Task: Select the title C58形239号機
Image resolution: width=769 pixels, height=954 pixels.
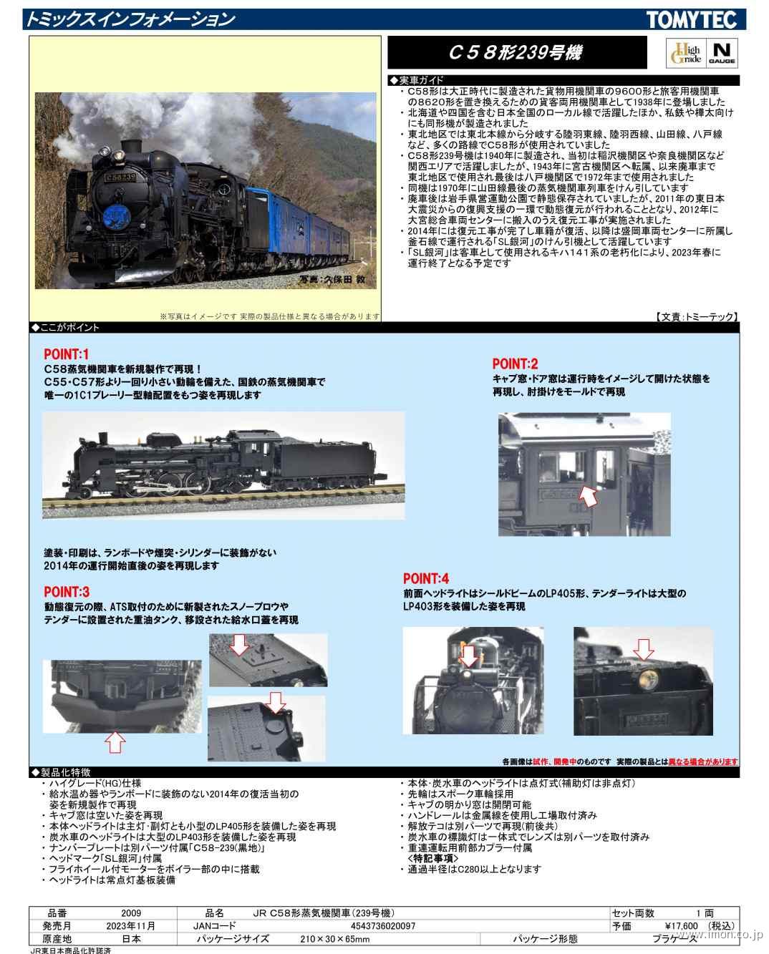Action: pos(515,53)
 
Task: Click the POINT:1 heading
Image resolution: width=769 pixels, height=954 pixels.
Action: pos(66,354)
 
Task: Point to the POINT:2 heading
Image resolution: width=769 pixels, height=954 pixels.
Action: pos(515,364)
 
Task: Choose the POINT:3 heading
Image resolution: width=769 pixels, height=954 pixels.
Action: pos(66,592)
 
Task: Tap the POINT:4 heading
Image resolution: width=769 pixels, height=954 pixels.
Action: pos(425,578)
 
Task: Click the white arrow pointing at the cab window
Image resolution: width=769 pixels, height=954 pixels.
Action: pos(587,494)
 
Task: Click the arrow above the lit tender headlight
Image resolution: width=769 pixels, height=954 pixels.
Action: pos(644,649)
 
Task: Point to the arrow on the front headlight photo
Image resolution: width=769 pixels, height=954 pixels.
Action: pos(468,655)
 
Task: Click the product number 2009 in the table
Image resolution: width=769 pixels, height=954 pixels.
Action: pos(131,913)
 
